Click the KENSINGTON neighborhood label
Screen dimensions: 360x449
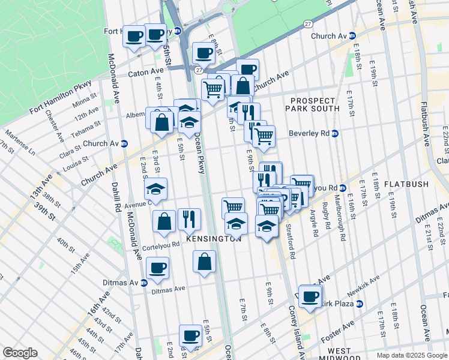(x=214, y=238)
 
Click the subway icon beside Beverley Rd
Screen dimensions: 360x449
(x=335, y=133)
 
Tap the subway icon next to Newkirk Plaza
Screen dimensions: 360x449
(x=359, y=304)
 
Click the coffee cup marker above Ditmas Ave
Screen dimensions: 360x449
(x=157, y=268)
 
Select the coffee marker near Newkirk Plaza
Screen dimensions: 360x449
(x=310, y=296)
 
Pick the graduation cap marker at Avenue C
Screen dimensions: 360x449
(x=156, y=190)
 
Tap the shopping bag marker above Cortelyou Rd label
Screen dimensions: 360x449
(x=164, y=221)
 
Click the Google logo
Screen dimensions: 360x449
(x=20, y=352)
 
